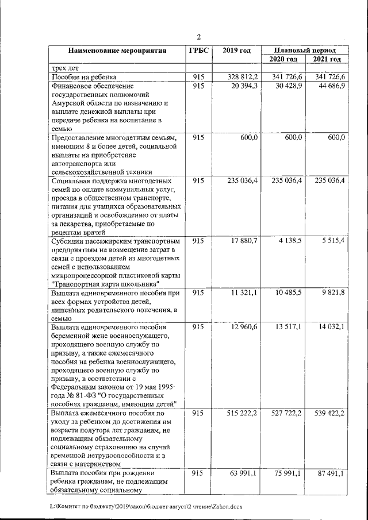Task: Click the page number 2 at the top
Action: (198, 37)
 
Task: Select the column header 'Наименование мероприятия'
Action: (117, 51)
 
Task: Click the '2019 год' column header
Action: (236, 51)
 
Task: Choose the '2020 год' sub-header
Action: (283, 59)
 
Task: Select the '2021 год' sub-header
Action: (327, 59)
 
